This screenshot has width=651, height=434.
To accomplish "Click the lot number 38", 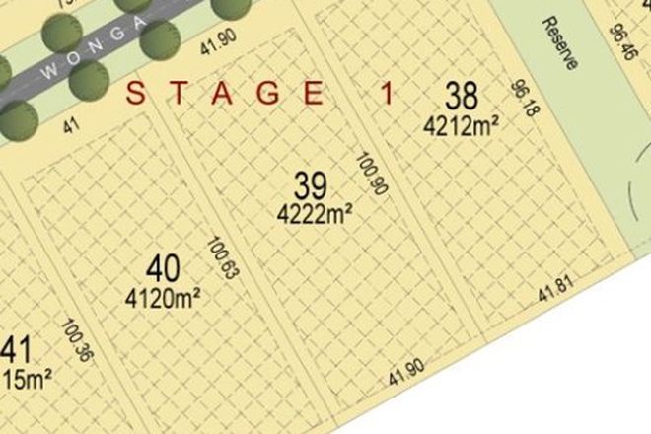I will pyautogui.click(x=461, y=97).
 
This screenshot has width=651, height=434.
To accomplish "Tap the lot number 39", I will pyautogui.click(x=311, y=184).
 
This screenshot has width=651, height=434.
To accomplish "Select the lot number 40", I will pyautogui.click(x=163, y=268).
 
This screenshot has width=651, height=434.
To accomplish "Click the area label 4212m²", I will pyautogui.click(x=461, y=124).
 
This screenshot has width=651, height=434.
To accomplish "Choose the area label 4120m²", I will pyautogui.click(x=166, y=295).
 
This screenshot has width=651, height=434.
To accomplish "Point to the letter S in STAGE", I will pyautogui.click(x=136, y=95).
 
